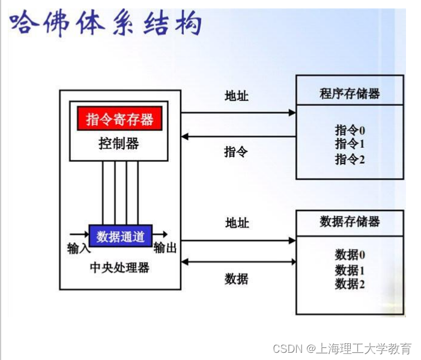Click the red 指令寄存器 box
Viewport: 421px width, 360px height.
(120, 118)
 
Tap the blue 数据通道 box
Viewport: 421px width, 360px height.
(121, 236)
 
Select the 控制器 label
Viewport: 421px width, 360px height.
(119, 143)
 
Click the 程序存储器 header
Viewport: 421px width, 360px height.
(350, 94)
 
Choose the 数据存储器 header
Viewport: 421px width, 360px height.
(350, 221)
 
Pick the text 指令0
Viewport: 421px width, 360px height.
(350, 130)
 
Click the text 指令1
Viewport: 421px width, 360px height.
(350, 144)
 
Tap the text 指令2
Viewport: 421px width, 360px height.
(350, 159)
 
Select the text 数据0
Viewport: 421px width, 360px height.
(350, 255)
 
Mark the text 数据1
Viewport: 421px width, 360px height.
(350, 270)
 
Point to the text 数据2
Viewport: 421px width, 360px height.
(350, 284)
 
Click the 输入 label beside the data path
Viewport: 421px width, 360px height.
(79, 248)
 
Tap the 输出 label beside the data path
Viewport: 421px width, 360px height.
(165, 248)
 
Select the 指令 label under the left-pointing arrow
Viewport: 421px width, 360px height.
(236, 151)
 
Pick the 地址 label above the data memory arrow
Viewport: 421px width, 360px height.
(237, 223)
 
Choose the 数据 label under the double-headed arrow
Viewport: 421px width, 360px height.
(237, 278)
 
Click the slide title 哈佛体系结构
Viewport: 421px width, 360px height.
(106, 25)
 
